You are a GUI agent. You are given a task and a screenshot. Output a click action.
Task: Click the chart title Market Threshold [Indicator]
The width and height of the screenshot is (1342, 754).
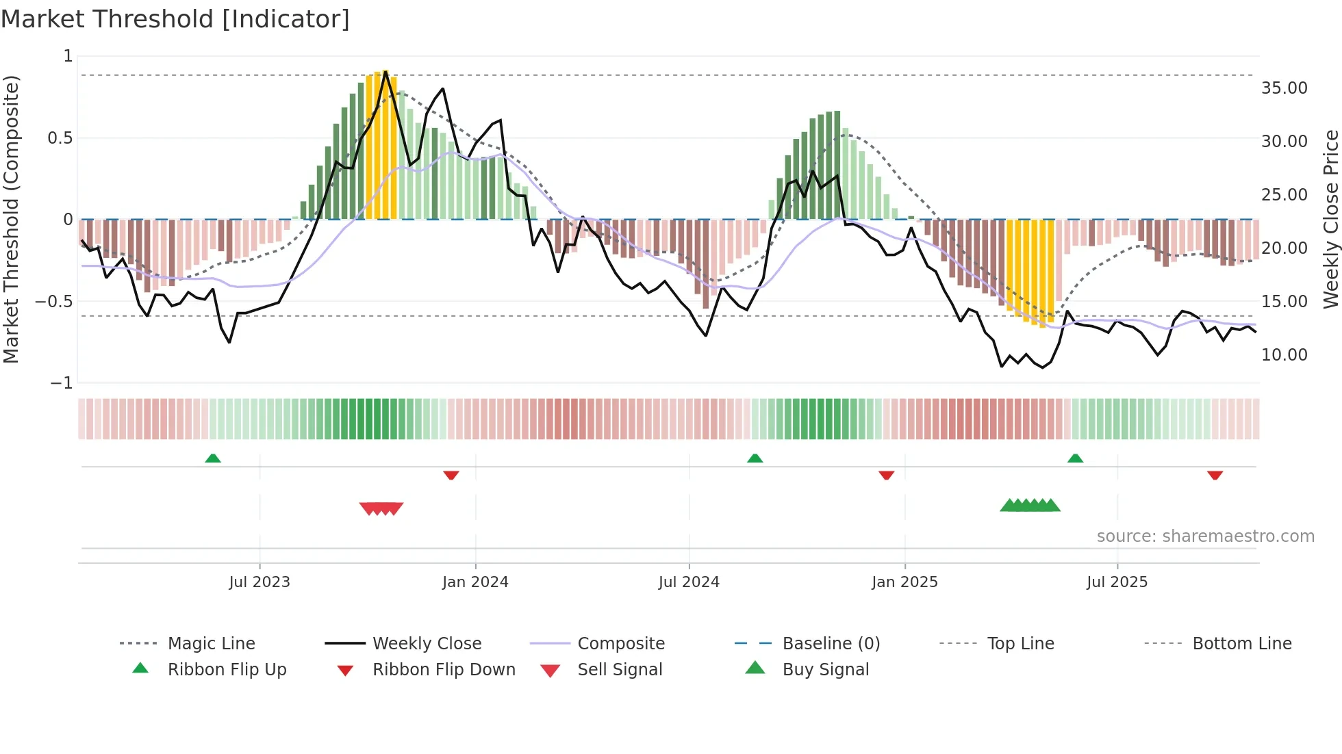tap(175, 18)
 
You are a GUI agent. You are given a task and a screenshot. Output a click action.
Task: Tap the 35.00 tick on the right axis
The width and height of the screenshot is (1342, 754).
tap(1284, 88)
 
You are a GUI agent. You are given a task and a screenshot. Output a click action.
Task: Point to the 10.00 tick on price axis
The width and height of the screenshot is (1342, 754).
tap(1284, 355)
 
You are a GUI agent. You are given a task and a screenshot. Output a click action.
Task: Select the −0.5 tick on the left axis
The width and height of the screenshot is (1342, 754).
tap(54, 302)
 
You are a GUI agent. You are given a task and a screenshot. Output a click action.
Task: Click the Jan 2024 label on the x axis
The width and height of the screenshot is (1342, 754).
tap(475, 582)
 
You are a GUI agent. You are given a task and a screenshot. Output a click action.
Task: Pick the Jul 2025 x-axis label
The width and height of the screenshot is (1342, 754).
tap(1117, 582)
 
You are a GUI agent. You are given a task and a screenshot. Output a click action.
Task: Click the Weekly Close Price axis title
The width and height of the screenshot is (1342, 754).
tap(1330, 219)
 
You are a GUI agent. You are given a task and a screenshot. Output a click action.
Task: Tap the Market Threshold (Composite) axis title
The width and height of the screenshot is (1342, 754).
tap(11, 219)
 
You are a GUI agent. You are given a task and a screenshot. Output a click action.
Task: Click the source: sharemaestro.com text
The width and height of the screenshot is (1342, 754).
tap(1205, 536)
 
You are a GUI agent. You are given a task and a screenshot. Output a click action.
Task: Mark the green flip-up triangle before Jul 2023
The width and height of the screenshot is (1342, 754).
tap(213, 458)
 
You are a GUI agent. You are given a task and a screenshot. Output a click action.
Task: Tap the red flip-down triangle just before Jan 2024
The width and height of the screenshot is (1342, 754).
tap(451, 475)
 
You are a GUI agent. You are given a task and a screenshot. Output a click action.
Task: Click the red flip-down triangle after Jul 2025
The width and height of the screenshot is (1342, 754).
tap(1215, 475)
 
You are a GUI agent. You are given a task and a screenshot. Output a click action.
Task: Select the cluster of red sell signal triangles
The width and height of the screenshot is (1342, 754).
tap(381, 508)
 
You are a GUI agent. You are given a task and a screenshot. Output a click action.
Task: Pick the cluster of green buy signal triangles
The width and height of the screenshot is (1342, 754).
tap(1030, 506)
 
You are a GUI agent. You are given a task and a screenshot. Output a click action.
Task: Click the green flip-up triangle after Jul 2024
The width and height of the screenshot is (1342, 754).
tap(755, 458)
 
